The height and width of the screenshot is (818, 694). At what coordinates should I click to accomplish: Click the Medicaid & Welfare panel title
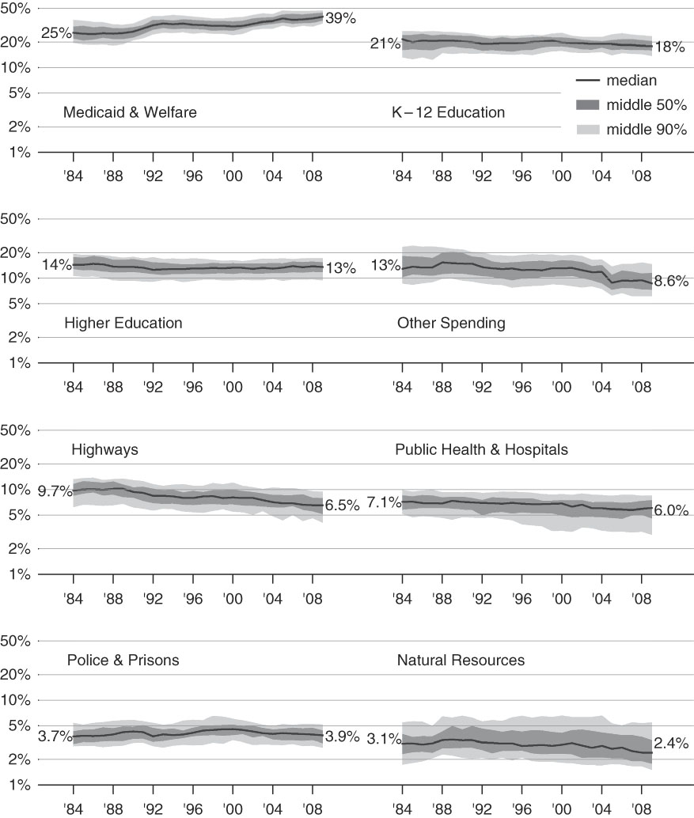130,112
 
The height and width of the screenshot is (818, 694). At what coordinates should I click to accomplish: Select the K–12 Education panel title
448,112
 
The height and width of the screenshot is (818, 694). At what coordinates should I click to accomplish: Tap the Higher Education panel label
123,323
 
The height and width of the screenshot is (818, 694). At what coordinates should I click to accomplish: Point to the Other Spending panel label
451,323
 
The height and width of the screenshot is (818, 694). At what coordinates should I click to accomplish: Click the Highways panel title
104,449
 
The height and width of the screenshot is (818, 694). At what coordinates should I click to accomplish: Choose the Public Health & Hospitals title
481,449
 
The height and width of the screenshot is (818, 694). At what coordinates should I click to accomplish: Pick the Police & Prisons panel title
123,660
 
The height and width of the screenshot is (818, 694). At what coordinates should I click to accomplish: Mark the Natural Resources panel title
461,660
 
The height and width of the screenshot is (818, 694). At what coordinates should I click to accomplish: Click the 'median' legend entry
631,80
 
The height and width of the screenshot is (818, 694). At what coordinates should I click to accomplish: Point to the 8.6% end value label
671,281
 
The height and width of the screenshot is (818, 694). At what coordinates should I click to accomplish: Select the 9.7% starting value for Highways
55,491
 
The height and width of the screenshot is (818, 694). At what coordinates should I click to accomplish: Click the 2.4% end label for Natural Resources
671,744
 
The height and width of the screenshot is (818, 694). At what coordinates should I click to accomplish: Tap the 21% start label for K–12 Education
385,44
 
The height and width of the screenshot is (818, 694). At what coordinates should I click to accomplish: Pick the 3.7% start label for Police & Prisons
55,737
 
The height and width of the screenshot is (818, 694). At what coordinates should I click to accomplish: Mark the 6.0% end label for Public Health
671,510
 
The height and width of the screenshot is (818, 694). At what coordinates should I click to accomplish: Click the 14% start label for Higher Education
57,265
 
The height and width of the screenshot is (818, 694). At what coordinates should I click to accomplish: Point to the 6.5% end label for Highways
342,505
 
